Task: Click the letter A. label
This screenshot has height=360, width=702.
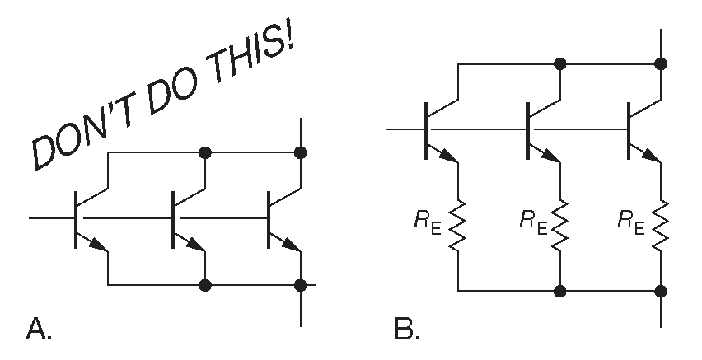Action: tap(40, 329)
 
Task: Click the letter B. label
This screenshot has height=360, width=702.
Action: tap(406, 329)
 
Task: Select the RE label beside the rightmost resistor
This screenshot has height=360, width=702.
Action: tap(633, 221)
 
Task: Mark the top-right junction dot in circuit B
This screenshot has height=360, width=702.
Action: tap(662, 63)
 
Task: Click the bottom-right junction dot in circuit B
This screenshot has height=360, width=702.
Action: tap(662, 291)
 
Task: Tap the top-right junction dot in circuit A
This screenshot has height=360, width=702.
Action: tap(302, 152)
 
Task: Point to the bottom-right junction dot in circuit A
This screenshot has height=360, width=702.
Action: tap(302, 285)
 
